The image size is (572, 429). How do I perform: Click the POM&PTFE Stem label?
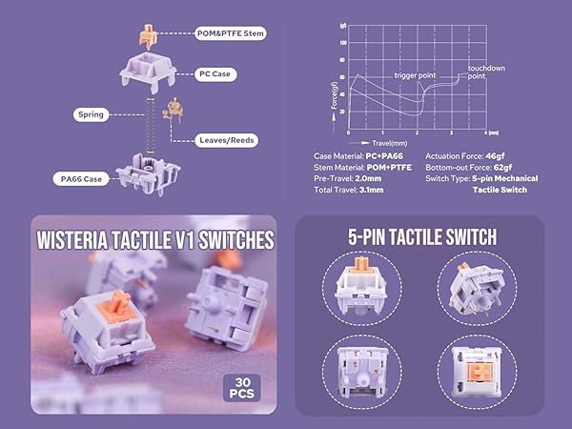228,33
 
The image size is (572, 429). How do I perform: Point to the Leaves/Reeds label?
225,139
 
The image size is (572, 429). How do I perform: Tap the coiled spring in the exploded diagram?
149,120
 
